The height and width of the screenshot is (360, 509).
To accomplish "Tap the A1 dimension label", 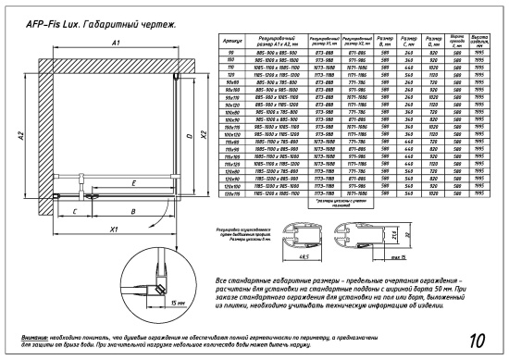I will [x=115, y=44].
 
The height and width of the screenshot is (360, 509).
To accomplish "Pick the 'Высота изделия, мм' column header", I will [x=479, y=43].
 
